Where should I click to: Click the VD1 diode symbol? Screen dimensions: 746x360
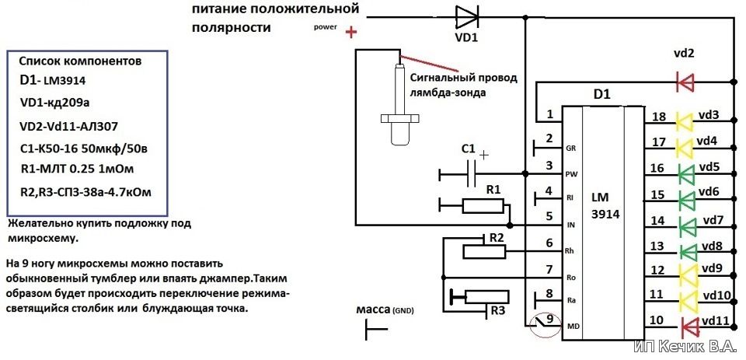coord(467,18)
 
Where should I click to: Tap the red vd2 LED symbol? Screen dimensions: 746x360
coord(685,82)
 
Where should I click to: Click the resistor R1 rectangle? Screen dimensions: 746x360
coord(483,206)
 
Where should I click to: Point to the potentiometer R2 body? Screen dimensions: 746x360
coord(484,251)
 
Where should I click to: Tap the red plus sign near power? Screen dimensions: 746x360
coord(350,33)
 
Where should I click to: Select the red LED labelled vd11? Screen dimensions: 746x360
coord(688,327)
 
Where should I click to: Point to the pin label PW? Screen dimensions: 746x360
coord(570,174)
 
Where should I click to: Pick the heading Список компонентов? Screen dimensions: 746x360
coord(80,62)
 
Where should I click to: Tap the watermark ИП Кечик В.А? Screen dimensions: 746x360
coord(688,346)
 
